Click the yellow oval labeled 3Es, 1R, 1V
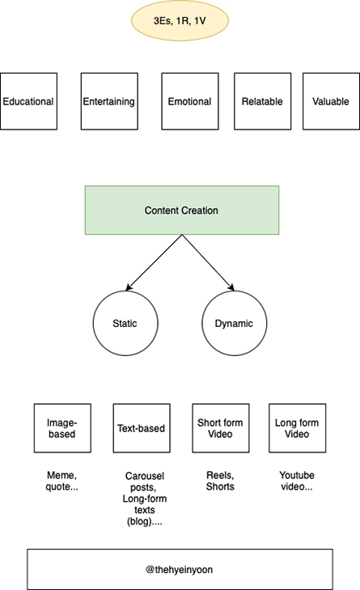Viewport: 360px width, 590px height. (180, 20)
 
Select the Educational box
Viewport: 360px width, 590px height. (28, 101)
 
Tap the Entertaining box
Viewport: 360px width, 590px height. (109, 101)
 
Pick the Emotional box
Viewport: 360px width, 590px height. (190, 101)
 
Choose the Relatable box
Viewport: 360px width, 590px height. (263, 101)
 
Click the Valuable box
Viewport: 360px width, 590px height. (331, 101)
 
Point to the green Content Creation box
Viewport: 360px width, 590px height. (182, 210)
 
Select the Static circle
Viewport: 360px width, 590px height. (125, 323)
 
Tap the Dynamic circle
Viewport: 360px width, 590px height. (234, 323)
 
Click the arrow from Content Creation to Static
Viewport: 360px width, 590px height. (154, 263)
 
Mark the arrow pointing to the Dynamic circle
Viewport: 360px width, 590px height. (208, 263)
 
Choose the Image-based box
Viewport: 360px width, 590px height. (62, 428)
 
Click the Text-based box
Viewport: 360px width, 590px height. (142, 428)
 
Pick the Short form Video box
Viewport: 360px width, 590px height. (220, 428)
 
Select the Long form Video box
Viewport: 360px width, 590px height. (297, 428)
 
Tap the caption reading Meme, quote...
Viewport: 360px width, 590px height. (62, 481)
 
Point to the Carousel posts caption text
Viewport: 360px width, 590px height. (145, 499)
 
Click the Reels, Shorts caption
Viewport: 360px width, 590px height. (220, 481)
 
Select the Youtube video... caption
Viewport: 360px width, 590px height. (297, 481)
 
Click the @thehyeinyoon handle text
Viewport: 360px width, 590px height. (179, 569)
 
